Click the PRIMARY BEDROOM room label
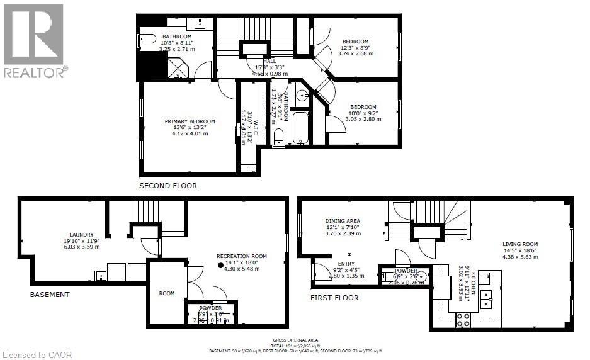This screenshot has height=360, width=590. (190, 121)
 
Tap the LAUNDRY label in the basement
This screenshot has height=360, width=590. (82, 234)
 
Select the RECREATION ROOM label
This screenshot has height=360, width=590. (242, 256)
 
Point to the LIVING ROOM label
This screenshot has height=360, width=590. (520, 244)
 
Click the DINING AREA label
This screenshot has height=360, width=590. (343, 221)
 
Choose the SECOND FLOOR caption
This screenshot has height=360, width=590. (169, 186)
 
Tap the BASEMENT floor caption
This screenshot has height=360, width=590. (50, 294)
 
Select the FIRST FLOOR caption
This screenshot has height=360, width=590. (334, 298)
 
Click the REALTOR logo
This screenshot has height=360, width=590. (35, 40)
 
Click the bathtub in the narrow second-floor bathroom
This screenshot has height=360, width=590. (300, 128)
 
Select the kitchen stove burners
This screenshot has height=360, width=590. (463, 319)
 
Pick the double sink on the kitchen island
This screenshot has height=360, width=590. (486, 299)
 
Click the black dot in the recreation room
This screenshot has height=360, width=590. (220, 266)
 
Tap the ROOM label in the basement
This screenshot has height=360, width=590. (167, 293)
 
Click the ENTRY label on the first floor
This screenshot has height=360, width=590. (346, 264)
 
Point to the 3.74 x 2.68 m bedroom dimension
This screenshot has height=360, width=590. (356, 54)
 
